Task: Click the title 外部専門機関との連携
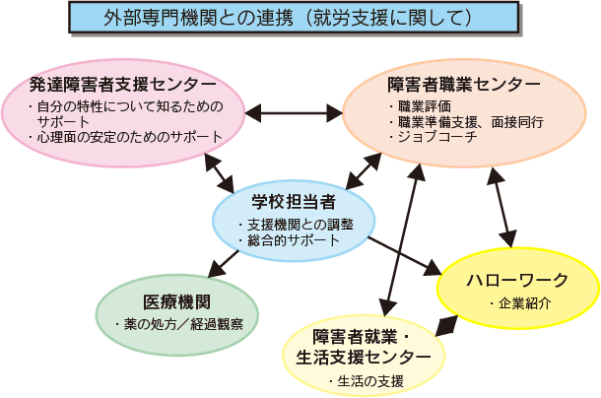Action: (199, 18)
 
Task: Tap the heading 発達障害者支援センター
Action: (123, 85)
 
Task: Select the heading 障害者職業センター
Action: (464, 85)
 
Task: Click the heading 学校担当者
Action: (294, 202)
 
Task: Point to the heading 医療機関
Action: (176, 302)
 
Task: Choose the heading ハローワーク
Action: (517, 281)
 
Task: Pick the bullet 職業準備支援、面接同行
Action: (466, 122)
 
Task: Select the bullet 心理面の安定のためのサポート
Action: (126, 137)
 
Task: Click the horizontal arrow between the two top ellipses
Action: (294, 113)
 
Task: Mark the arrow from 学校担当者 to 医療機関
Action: (223, 264)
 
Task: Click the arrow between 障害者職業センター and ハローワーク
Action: (501, 208)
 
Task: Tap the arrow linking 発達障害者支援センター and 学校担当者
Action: (219, 173)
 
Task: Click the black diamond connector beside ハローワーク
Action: (446, 326)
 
